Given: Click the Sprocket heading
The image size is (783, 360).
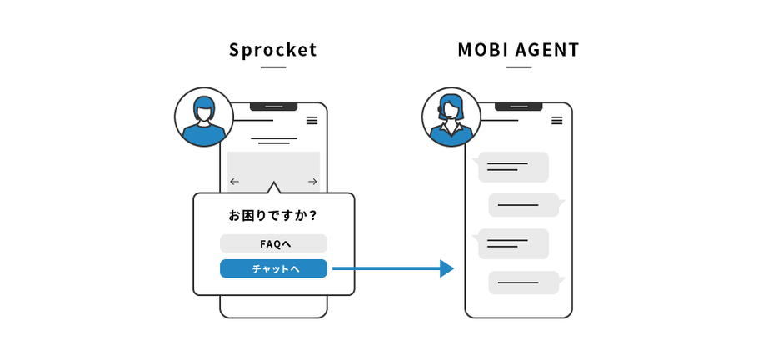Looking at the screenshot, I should (273, 50).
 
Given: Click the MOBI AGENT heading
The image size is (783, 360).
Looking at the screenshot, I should (518, 50).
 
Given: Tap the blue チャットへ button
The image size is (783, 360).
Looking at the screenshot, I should (273, 268).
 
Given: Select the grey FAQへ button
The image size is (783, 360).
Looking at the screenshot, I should (273, 243).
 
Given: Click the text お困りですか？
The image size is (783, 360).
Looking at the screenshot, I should (273, 215).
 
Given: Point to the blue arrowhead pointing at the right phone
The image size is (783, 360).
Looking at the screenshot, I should (446, 268).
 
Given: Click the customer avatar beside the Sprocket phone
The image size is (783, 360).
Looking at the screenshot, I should (203, 117).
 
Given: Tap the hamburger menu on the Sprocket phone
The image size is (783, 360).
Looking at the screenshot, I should (312, 121).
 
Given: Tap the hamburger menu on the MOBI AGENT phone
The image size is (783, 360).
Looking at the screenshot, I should (557, 121).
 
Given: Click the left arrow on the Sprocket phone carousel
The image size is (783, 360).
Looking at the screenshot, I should (234, 181).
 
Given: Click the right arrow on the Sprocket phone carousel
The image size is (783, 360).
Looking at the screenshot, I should (312, 181).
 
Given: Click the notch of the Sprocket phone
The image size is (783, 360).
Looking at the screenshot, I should (273, 107).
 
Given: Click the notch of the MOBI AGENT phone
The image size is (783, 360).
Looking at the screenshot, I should (518, 107).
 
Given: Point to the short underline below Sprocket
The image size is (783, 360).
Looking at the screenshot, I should (273, 67).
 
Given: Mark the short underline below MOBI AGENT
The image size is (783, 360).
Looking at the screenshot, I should (518, 67).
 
